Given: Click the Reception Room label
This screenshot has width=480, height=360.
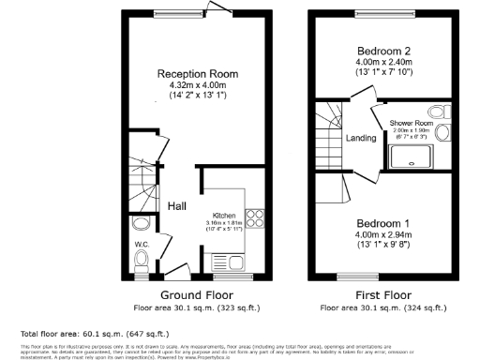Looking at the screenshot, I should (197, 74).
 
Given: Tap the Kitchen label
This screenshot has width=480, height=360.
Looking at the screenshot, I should (222, 214).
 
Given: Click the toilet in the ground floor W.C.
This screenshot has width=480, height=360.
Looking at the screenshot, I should (140, 226).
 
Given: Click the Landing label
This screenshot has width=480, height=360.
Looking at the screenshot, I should (361, 138).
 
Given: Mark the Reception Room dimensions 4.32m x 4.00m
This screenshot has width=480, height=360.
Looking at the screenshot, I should (197, 86).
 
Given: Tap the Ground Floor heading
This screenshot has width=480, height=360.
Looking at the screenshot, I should (197, 292).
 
